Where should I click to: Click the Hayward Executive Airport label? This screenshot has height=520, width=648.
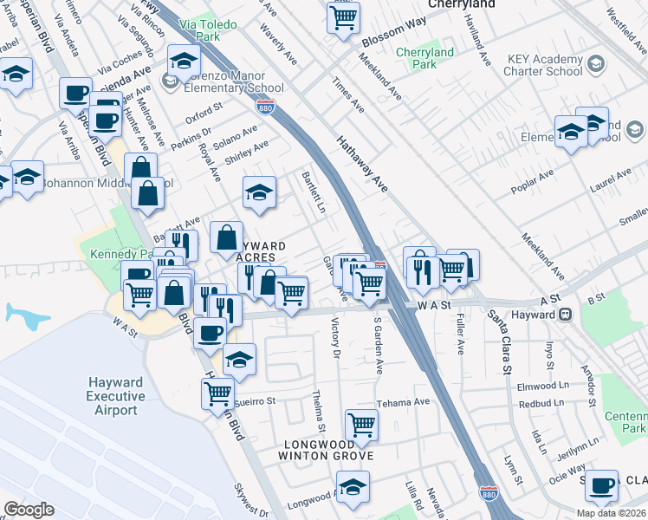tap(116, 396)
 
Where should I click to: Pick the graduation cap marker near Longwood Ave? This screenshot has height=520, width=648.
tap(353, 487)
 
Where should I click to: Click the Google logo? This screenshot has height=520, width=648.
tap(29, 510)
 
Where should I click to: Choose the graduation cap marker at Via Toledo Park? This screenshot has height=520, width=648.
tap(184, 61)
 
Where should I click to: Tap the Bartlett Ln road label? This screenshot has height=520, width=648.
tap(313, 192)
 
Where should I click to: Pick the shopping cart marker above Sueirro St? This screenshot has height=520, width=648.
tap(217, 393)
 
